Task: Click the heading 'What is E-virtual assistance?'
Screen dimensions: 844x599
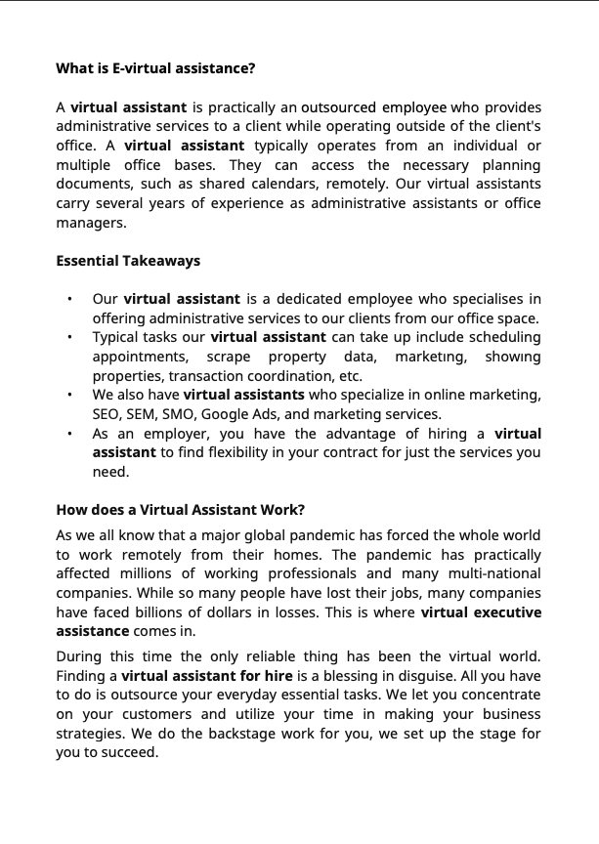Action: pyautogui.click(x=155, y=68)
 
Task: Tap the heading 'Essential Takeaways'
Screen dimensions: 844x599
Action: pyautogui.click(x=128, y=261)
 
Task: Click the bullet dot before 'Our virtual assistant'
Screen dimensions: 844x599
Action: pyautogui.click(x=69, y=300)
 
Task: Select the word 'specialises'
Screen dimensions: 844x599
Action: pyautogui.click(x=480, y=299)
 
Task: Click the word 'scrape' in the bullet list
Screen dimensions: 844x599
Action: pyautogui.click(x=228, y=357)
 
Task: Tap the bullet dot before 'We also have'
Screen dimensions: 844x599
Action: pyautogui.click(x=69, y=396)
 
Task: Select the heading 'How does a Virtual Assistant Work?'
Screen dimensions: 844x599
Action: pyautogui.click(x=181, y=510)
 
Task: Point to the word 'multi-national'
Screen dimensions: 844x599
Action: pyautogui.click(x=495, y=573)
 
